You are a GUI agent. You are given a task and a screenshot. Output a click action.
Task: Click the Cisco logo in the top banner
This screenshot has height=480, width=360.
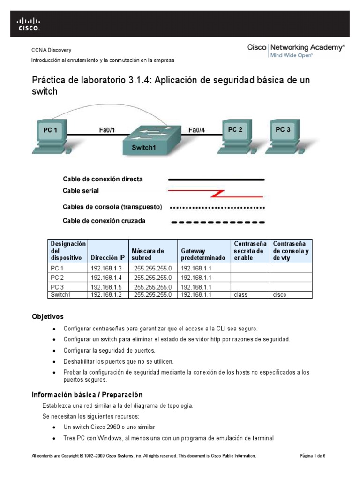click(29, 24)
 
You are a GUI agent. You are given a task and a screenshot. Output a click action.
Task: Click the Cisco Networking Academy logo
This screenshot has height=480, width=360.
click(296, 51)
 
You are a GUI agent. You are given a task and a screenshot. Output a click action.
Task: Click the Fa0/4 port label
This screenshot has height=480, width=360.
click(196, 130)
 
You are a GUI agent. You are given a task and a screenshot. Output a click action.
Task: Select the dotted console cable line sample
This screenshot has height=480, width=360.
click(217, 207)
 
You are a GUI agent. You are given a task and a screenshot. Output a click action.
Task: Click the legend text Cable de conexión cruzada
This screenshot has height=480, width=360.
click(104, 221)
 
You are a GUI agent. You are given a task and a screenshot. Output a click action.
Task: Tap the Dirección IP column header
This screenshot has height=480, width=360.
click(108, 258)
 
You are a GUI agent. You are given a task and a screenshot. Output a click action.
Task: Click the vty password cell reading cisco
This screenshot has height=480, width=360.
click(279, 295)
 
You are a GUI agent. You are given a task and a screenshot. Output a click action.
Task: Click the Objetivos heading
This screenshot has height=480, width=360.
click(47, 317)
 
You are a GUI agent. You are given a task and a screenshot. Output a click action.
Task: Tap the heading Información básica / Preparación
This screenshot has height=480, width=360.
click(87, 395)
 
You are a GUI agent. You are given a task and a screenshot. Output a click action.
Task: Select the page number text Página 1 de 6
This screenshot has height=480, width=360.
click(313, 456)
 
